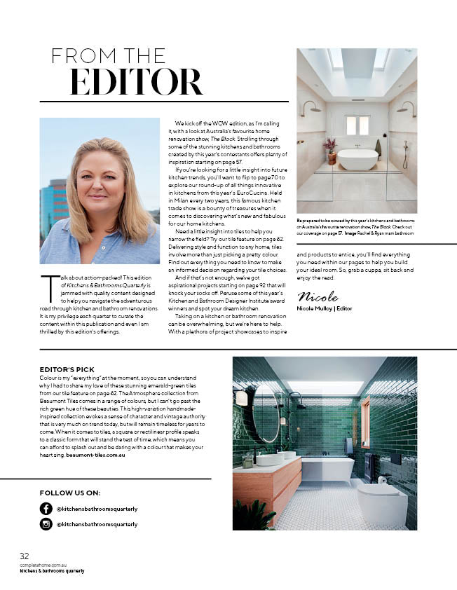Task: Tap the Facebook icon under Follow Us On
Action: tap(46, 508)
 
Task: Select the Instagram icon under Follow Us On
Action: tap(46, 523)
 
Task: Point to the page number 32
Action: tap(24, 555)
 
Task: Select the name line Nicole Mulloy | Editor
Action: tap(325, 308)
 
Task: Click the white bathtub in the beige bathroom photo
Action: tap(357, 159)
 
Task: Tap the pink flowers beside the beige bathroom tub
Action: tap(330, 145)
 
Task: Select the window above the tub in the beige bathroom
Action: tap(357, 125)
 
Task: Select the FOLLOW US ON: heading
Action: tap(70, 493)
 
